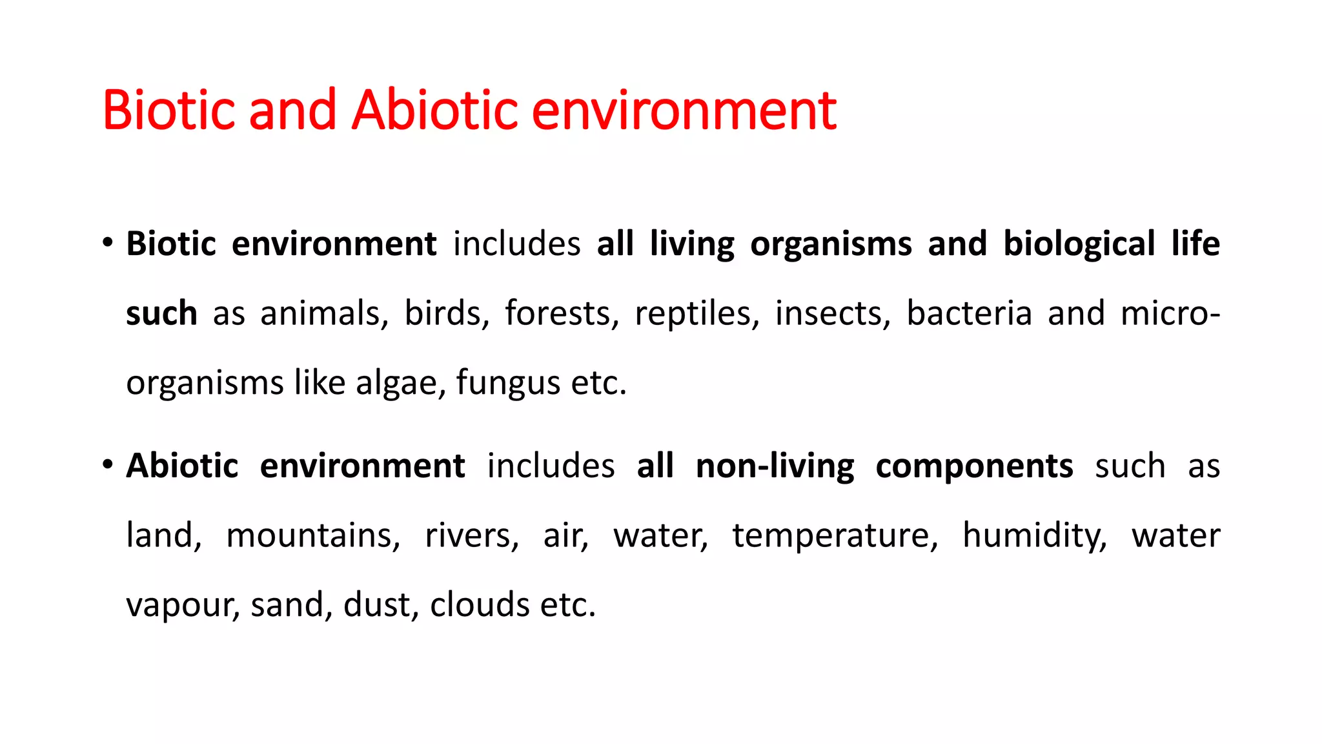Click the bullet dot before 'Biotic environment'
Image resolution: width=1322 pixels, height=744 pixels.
108,243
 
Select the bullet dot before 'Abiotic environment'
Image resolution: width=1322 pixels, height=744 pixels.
108,465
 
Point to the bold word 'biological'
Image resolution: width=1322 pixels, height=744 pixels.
1079,244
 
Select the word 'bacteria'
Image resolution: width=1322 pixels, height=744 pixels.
969,314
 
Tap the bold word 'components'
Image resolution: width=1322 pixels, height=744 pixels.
974,466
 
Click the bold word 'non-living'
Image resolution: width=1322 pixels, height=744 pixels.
775,466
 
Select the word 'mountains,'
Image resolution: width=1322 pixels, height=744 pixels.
313,536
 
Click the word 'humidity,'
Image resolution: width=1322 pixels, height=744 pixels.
1035,536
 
